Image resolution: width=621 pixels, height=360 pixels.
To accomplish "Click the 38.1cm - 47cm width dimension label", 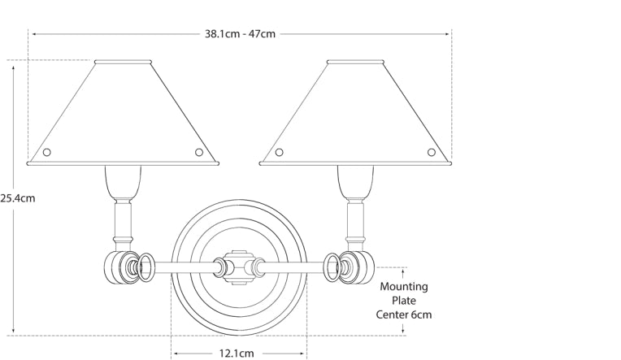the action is tap(240, 33).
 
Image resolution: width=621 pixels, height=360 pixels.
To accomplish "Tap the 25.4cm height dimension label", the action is tap(17, 198).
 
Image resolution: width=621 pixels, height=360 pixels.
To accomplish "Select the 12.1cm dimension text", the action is tap(237, 353).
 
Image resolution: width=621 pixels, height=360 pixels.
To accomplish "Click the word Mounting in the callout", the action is tap(404, 286).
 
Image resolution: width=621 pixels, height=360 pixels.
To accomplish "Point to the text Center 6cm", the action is tap(404, 314).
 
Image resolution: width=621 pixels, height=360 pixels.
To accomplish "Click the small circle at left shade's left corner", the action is tap(46, 152).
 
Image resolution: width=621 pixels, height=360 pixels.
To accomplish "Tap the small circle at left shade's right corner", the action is tap(199, 152).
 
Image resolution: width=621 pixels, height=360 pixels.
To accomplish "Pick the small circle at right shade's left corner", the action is tap(280, 152).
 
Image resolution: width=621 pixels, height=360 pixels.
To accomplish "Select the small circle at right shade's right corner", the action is tap(432, 152).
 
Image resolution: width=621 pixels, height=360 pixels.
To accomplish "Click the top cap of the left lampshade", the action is tap(124, 62).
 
